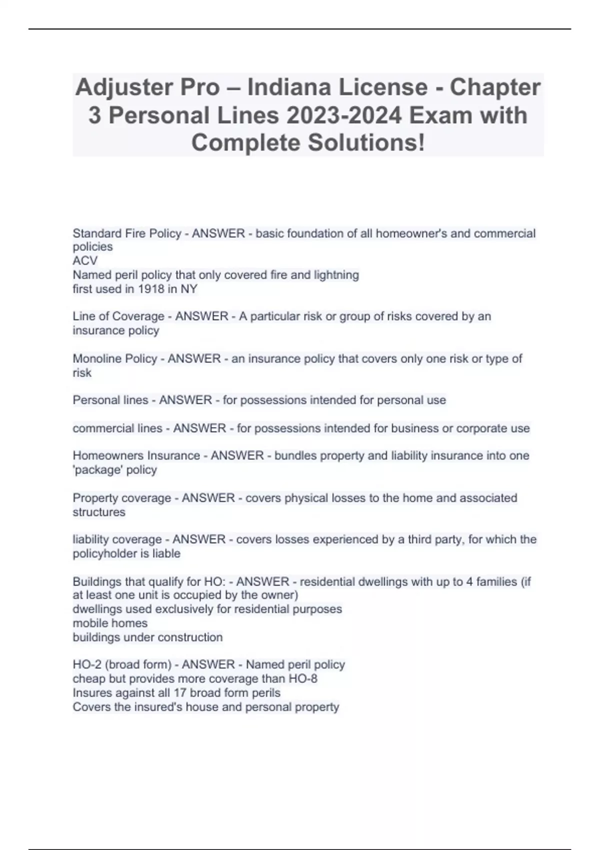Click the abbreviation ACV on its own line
[85, 261]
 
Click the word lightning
[333, 275]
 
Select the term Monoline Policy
[114, 359]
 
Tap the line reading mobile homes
[110, 623]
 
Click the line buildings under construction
[147, 637]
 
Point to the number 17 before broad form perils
[179, 693]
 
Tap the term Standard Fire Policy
[126, 233]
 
